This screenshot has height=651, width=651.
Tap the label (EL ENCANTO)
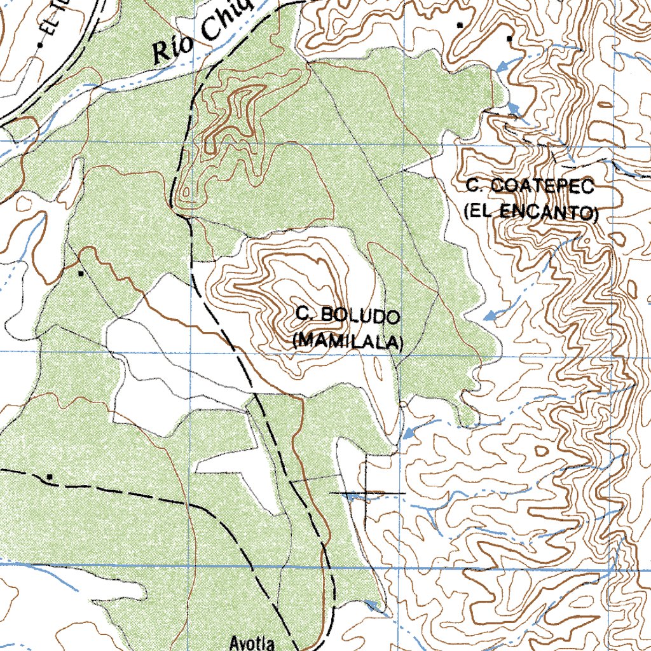pyautogui.click(x=531, y=212)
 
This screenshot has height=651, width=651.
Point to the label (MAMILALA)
pyautogui.click(x=348, y=341)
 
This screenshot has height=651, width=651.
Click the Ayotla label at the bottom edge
pyautogui.click(x=254, y=643)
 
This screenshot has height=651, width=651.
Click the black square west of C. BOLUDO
pyautogui.click(x=81, y=273)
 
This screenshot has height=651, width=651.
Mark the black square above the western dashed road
pyautogui.click(x=50, y=476)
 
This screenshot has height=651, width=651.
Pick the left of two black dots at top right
pyautogui.click(x=460, y=25)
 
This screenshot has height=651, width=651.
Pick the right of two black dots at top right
pyautogui.click(x=509, y=39)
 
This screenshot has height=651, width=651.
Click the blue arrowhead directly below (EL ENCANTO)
pyautogui.click(x=488, y=315)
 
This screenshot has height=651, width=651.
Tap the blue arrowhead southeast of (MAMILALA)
pyautogui.click(x=408, y=434)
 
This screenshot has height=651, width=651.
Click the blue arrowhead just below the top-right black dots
pyautogui.click(x=502, y=65)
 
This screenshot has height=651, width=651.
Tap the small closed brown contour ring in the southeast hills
pyautogui.click(x=541, y=450)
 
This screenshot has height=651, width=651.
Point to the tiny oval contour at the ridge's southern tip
pyautogui.click(x=186, y=191)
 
